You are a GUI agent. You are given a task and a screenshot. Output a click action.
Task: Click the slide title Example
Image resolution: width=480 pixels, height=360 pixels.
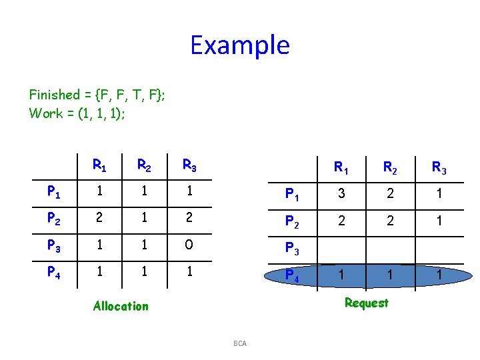[x=240, y=45]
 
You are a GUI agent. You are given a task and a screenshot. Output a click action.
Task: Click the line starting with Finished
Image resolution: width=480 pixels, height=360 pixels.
[x=97, y=95]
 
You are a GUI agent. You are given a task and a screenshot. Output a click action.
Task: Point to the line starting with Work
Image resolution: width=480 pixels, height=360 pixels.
[x=77, y=113]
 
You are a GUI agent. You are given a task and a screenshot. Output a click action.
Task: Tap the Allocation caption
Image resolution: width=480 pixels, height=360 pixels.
[x=121, y=306]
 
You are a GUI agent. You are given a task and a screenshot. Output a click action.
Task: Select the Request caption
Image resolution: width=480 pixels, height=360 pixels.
[x=366, y=303]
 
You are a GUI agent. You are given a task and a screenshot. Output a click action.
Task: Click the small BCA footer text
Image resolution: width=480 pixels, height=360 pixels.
[x=240, y=343]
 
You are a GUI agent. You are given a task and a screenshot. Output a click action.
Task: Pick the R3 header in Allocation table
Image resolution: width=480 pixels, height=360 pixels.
[x=190, y=165]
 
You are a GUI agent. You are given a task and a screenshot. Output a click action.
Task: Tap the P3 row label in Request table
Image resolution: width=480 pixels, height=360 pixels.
[x=293, y=248]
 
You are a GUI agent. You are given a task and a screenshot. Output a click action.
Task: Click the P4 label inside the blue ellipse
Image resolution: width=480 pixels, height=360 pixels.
[x=293, y=275]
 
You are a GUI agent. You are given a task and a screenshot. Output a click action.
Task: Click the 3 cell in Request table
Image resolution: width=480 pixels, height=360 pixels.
[x=342, y=194]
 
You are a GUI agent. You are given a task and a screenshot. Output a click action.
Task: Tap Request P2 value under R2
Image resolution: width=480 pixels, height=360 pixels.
[x=391, y=221]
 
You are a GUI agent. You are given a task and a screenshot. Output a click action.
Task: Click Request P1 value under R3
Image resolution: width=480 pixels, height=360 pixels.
[x=439, y=194]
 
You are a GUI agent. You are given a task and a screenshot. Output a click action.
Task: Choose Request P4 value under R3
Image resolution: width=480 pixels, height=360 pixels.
[x=439, y=274]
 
